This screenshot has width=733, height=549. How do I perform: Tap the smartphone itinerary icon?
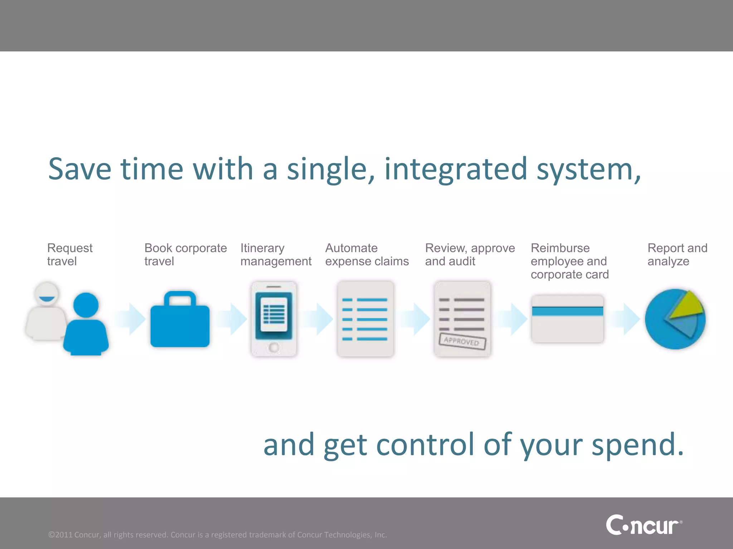pyautogui.click(x=274, y=319)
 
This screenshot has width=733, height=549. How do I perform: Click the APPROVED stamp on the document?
pyautogui.click(x=462, y=341)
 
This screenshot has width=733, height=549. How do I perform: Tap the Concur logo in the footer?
pyautogui.click(x=643, y=525)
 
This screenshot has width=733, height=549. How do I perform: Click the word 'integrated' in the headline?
pyautogui.click(x=456, y=169)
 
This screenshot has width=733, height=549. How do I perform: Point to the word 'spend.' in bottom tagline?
pyautogui.click(x=637, y=444)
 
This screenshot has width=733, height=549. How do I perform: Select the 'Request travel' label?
pyautogui.click(x=70, y=254)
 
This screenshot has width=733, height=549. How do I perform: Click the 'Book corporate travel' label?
pyautogui.click(x=185, y=254)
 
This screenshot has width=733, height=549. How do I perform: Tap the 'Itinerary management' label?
pyautogui.click(x=276, y=254)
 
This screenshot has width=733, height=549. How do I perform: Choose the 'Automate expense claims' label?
pyautogui.click(x=367, y=254)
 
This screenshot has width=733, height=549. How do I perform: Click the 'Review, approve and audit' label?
pyautogui.click(x=470, y=254)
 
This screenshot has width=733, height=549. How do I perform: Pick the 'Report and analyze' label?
pyautogui.click(x=677, y=254)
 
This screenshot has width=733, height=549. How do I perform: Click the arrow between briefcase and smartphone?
pyautogui.click(x=233, y=319)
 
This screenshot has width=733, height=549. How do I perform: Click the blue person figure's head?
pyautogui.click(x=86, y=305)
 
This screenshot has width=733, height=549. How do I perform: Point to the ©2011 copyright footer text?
pyautogui.click(x=218, y=535)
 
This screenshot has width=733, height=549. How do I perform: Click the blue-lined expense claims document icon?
pyautogui.click(x=365, y=319)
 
